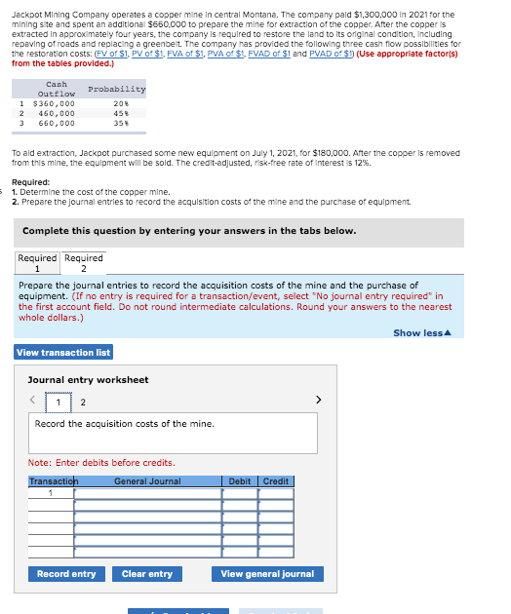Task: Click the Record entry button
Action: click(x=66, y=574)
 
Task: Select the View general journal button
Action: click(x=267, y=574)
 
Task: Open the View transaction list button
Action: click(x=63, y=352)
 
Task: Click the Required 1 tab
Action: click(x=37, y=263)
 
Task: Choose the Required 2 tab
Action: click(x=84, y=263)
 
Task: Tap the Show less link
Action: click(x=420, y=332)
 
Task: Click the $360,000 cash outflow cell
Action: click(x=54, y=103)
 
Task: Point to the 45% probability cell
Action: click(x=123, y=114)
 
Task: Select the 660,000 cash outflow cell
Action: click(x=56, y=124)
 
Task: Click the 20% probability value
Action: click(x=123, y=103)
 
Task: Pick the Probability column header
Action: click(x=116, y=89)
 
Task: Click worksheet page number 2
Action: click(x=82, y=403)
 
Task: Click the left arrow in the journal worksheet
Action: click(x=32, y=401)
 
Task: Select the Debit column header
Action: click(x=240, y=481)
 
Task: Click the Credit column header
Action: click(x=276, y=481)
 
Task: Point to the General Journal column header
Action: click(x=147, y=481)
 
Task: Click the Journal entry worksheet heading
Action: click(x=88, y=379)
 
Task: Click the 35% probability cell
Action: click(x=123, y=124)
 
